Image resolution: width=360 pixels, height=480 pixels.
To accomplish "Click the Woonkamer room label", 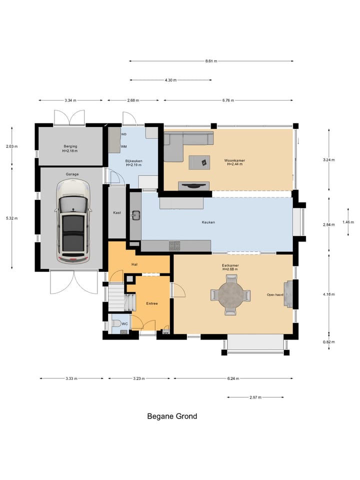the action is pyautogui.click(x=234, y=160).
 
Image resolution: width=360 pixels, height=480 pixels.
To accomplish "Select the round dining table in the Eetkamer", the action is pyautogui.click(x=230, y=295).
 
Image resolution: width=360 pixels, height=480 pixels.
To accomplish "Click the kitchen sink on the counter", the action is pyautogui.click(x=135, y=215).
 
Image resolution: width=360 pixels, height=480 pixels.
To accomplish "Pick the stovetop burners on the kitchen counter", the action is pyautogui.click(x=174, y=245).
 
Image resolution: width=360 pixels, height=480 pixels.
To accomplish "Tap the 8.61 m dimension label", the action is pyautogui.click(x=211, y=61).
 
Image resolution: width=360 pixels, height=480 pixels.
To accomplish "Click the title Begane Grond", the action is pyautogui.click(x=172, y=416).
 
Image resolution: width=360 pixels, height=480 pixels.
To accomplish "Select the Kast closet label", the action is pyautogui.click(x=117, y=212).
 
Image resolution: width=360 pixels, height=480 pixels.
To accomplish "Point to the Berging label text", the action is pyautogui.click(x=70, y=146).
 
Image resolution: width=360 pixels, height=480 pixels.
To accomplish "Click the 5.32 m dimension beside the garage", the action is pyautogui.click(x=12, y=218).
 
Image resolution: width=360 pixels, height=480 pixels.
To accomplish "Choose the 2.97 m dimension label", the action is pyautogui.click(x=255, y=397).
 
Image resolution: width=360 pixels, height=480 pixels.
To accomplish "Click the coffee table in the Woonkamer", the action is pyautogui.click(x=199, y=162).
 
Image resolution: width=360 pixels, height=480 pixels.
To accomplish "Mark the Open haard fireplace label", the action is pyautogui.click(x=275, y=295).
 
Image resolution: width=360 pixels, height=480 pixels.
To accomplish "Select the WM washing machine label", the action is pyautogui.click(x=123, y=146).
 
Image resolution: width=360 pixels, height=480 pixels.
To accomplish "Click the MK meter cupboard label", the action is pyautogui.click(x=166, y=333).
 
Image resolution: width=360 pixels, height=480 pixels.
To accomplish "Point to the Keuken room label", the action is pyautogui.click(x=208, y=222).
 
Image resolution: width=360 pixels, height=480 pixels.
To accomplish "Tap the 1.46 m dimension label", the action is pyautogui.click(x=348, y=222).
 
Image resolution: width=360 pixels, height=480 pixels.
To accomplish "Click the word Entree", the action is pyautogui.click(x=152, y=303).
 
